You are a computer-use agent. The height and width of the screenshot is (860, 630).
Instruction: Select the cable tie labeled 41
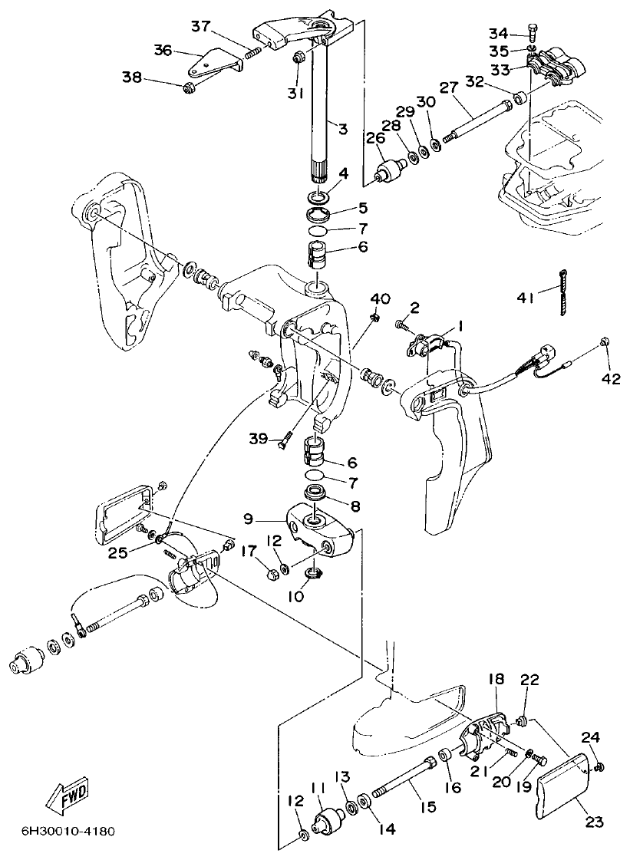coord(562,292)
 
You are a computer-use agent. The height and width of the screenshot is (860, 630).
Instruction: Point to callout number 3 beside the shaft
coord(343,129)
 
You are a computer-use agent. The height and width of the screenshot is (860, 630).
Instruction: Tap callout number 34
coord(499,33)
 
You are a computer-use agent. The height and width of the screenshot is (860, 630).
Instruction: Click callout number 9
coord(249,519)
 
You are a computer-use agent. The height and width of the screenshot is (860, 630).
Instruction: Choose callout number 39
coord(259,438)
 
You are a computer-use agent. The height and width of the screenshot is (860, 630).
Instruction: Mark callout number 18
coord(496,680)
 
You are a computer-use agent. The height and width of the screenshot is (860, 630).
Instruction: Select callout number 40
coord(380,298)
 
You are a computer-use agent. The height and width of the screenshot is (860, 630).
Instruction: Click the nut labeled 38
coord(188,89)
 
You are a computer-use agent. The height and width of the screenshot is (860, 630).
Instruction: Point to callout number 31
coord(296,93)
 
